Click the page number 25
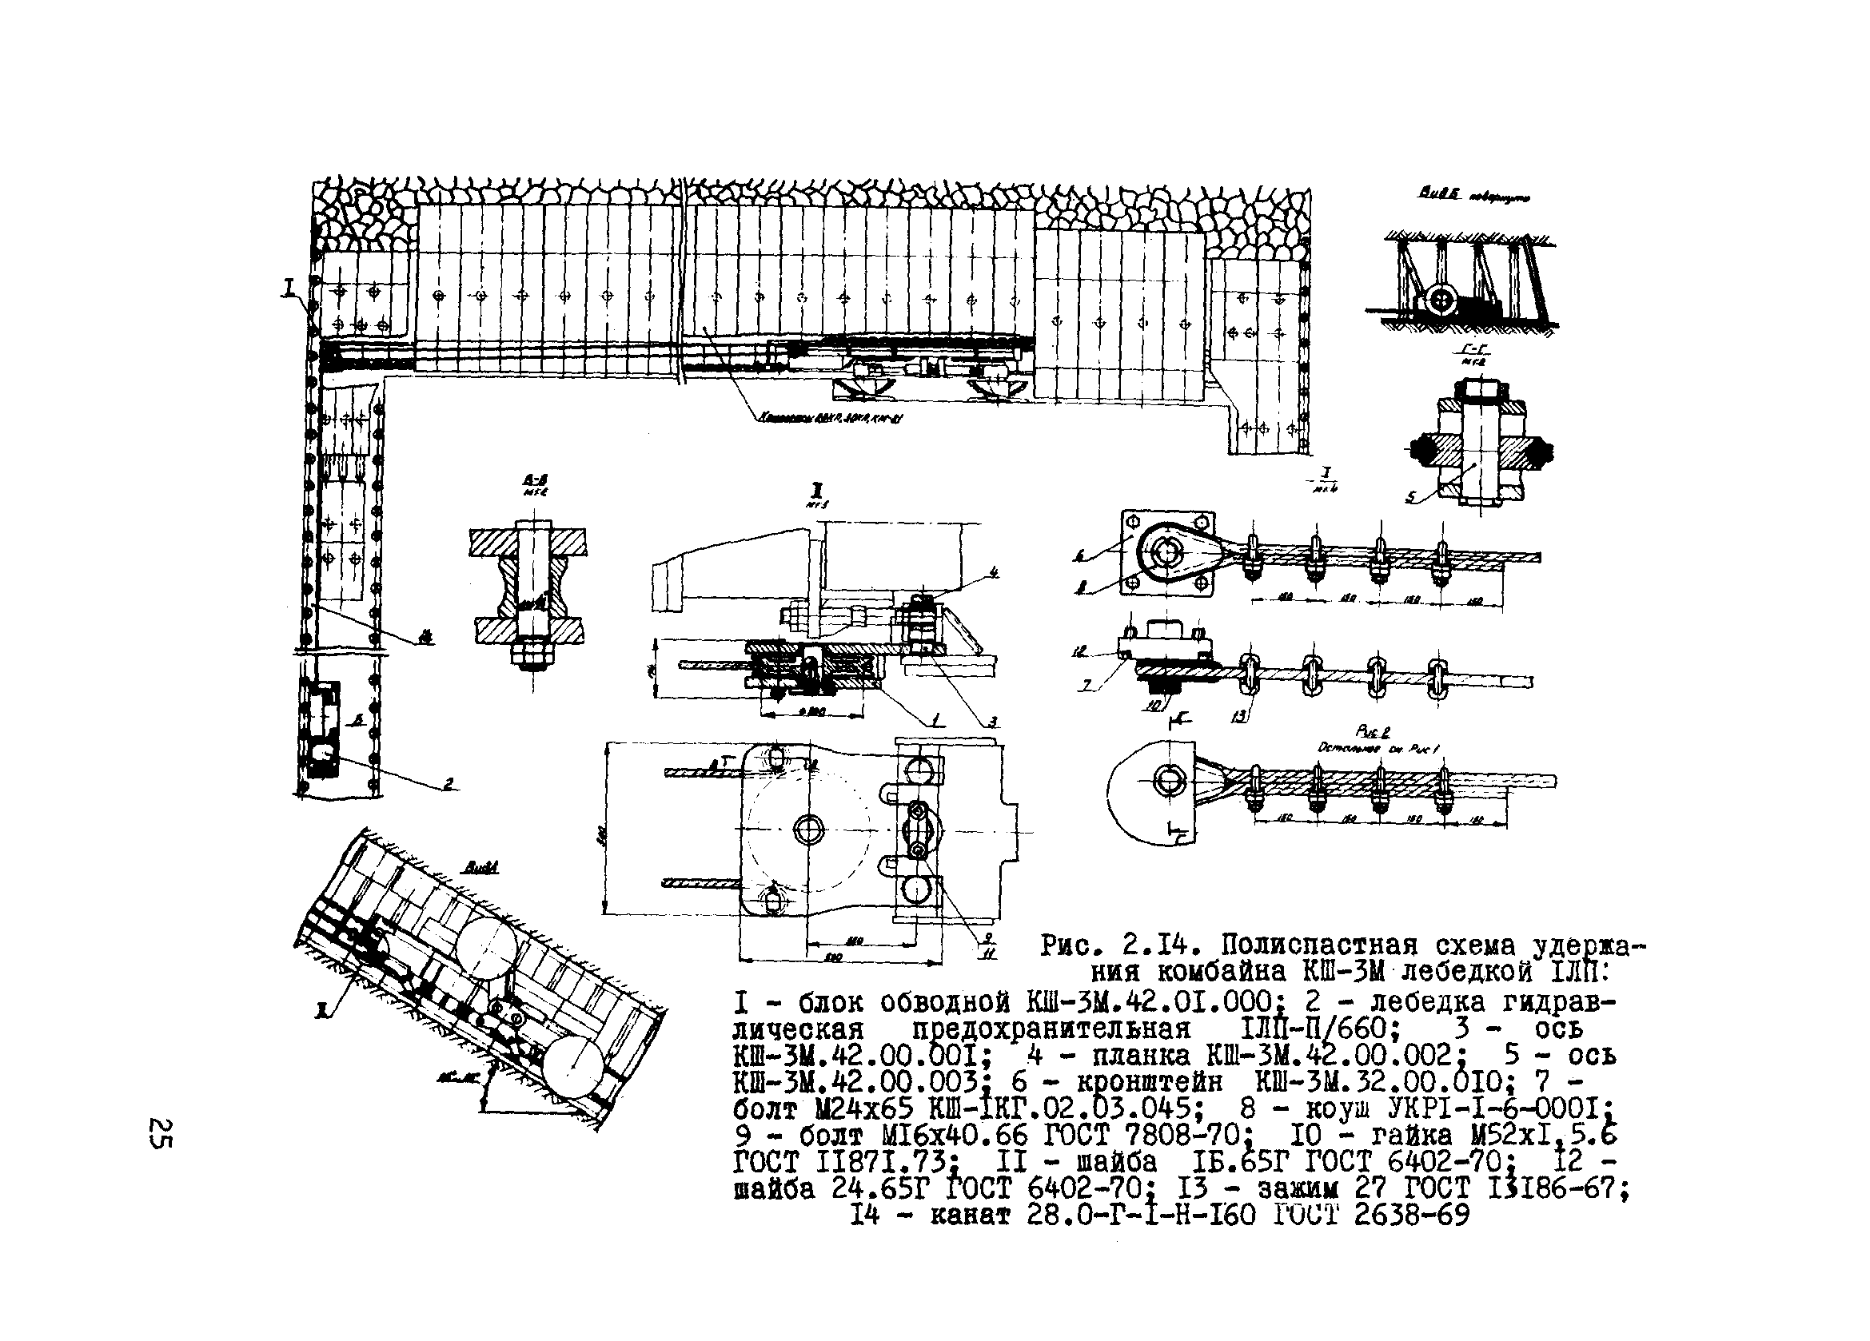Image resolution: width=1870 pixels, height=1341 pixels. (x=160, y=1133)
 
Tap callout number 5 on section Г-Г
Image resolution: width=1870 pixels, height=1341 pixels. (x=1411, y=498)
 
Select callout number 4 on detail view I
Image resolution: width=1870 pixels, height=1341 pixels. (x=995, y=571)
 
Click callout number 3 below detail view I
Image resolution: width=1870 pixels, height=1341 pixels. (x=994, y=722)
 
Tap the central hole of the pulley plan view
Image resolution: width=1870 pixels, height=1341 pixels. (x=809, y=830)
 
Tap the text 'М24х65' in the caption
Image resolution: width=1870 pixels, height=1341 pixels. (x=860, y=1107)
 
